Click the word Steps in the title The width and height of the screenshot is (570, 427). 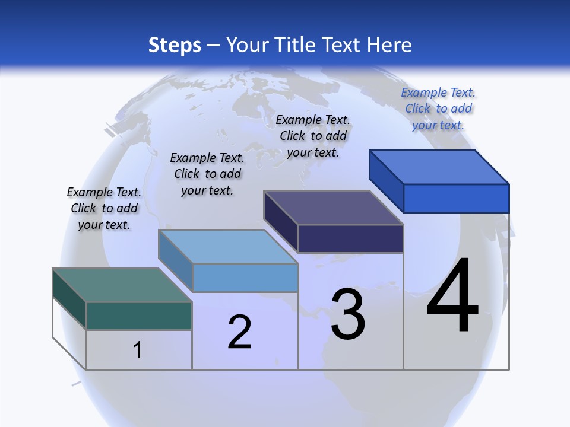(x=174, y=45)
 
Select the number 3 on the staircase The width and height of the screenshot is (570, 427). (x=348, y=314)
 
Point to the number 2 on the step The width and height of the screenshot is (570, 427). (x=239, y=332)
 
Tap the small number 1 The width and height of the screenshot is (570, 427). (x=138, y=350)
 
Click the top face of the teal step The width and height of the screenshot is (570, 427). (x=122, y=285)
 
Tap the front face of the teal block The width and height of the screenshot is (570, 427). (x=139, y=316)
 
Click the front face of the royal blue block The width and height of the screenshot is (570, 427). (x=456, y=198)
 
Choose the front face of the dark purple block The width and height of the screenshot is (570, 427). (x=350, y=238)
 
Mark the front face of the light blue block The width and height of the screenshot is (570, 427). (x=245, y=278)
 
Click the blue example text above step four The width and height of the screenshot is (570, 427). (x=438, y=109)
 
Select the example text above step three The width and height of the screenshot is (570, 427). (x=313, y=136)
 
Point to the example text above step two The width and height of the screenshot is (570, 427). (x=207, y=174)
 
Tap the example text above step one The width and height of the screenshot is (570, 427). (x=104, y=208)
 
